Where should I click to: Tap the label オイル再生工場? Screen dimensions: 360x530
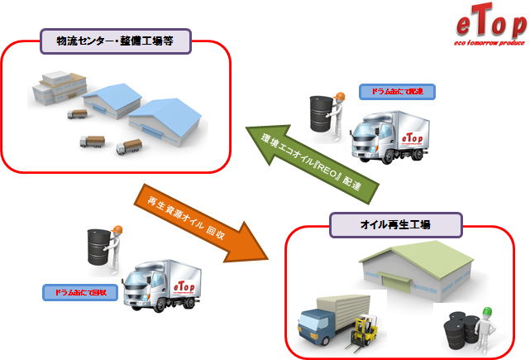coord(384,224)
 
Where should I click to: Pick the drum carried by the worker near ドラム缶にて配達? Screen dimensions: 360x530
coord(319,112)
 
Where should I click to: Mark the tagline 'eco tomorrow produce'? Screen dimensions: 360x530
coord(490,39)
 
